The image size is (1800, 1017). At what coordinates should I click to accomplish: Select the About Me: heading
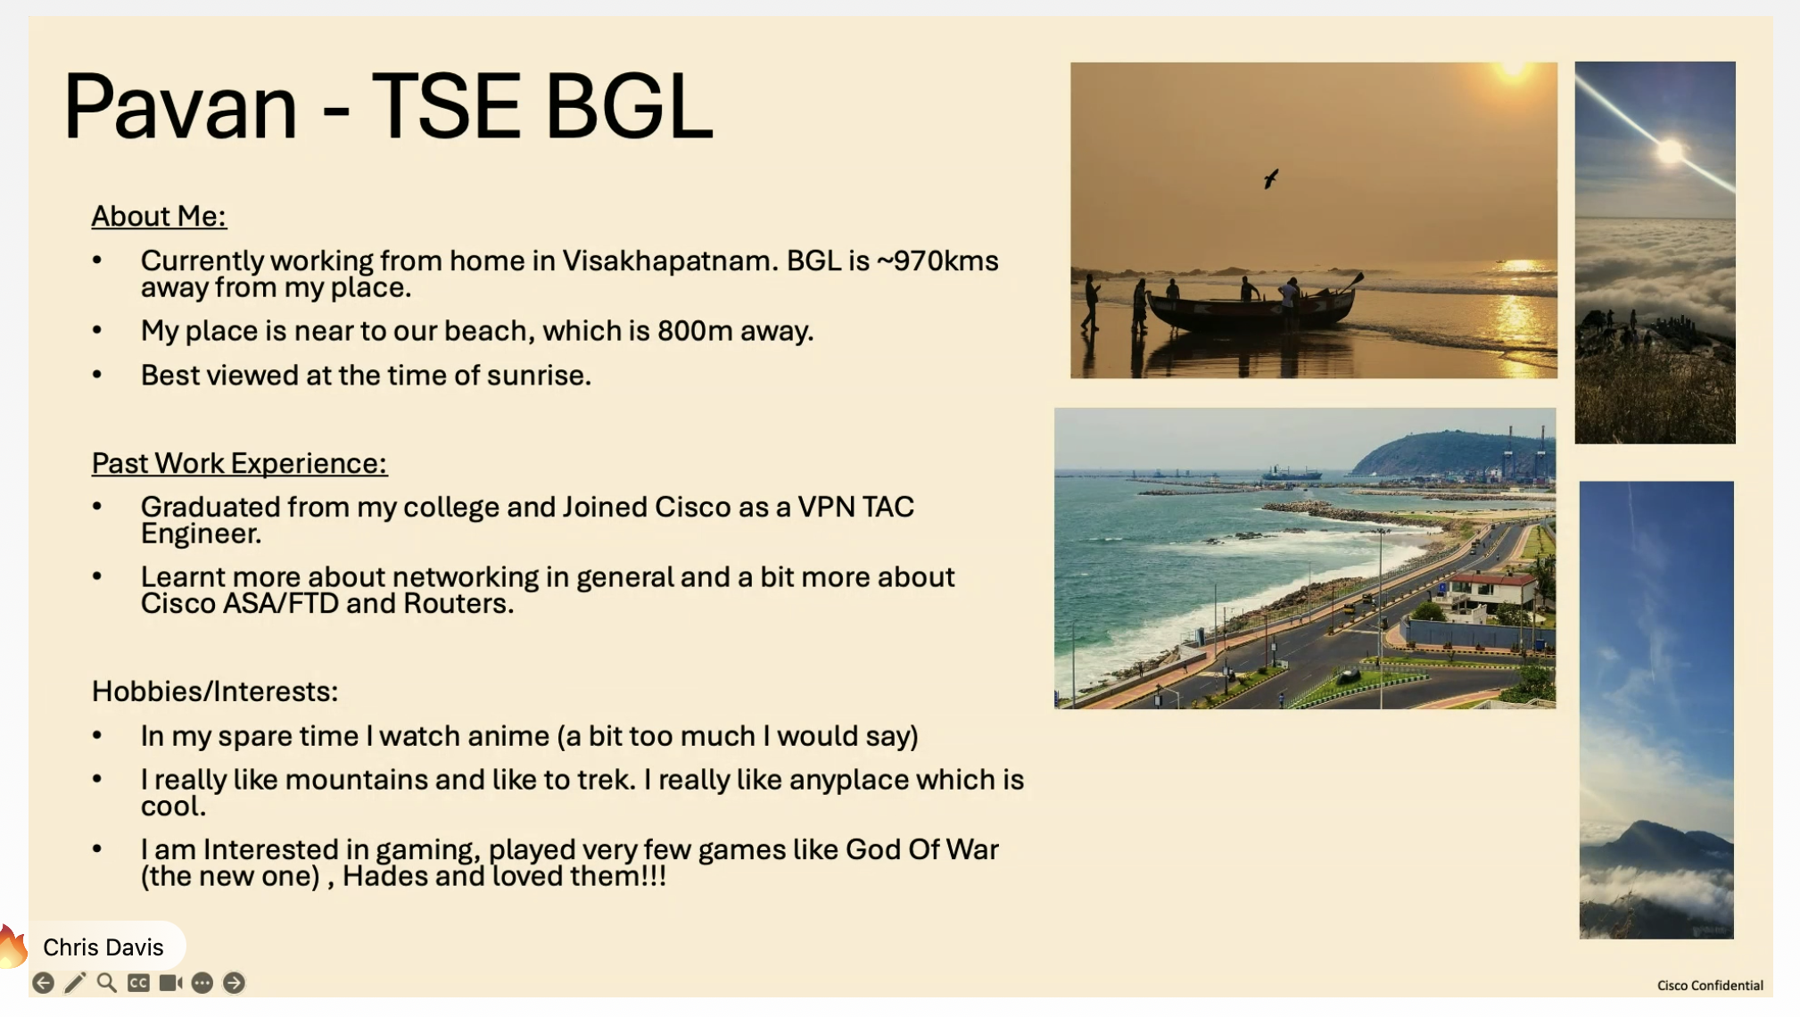[x=159, y=216]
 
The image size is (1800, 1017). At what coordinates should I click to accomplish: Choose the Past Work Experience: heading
[x=239, y=463]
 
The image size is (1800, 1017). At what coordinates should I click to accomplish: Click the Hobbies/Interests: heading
[x=215, y=691]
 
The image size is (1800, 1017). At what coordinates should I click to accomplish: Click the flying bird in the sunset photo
[x=1271, y=178]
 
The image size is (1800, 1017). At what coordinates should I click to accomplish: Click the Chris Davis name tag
[x=103, y=947]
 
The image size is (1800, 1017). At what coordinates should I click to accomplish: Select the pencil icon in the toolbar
[x=75, y=983]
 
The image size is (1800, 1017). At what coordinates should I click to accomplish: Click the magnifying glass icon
[x=107, y=983]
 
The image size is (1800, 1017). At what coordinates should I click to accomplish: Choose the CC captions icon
[x=138, y=983]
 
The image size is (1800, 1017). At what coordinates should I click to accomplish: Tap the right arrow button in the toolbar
[x=234, y=983]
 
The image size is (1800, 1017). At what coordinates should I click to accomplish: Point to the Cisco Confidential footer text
[x=1710, y=986]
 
